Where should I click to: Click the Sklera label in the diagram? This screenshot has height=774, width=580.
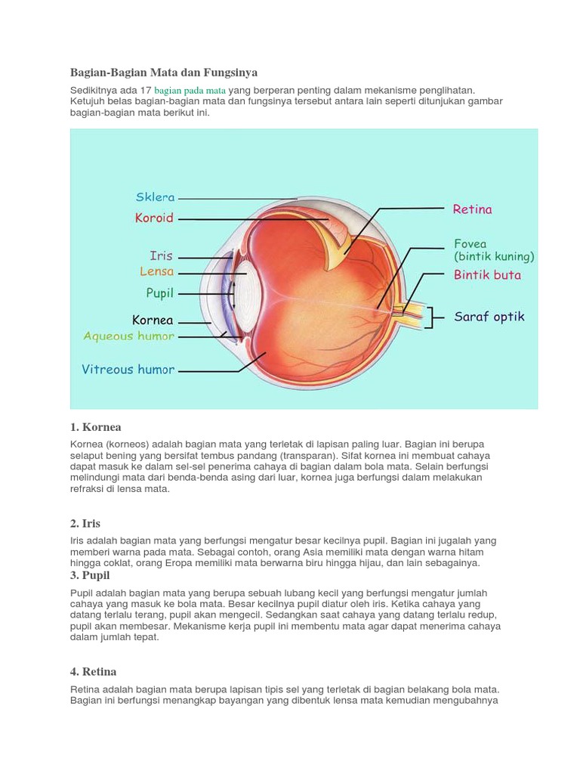point(155,197)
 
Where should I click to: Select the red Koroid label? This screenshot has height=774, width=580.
point(154,218)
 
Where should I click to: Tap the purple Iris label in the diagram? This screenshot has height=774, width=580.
point(162,256)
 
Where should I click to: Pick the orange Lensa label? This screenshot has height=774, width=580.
point(156,271)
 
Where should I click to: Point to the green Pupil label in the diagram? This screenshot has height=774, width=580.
point(159,292)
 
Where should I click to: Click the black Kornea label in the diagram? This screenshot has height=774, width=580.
point(153,320)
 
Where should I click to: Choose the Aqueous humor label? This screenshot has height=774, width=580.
point(129,336)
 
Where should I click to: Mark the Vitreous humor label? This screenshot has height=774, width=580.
point(128,370)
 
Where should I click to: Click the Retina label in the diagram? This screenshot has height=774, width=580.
point(472,209)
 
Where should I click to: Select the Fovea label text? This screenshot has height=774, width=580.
point(470,244)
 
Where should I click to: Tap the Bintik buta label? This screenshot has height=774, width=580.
point(487,275)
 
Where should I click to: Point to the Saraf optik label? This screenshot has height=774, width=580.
point(489,317)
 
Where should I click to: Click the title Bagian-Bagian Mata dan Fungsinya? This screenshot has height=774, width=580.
point(164,73)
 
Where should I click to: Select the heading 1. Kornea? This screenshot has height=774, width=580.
point(96,427)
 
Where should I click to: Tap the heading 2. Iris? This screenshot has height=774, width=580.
point(85,523)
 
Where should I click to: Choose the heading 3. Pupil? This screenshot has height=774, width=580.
point(90,576)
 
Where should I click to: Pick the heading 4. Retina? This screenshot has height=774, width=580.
point(94,671)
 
